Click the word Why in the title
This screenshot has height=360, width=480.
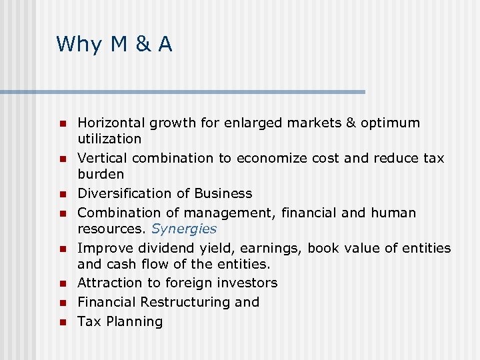coord(79,45)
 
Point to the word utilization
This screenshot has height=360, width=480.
coord(109,139)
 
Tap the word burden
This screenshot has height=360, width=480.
coord(101,174)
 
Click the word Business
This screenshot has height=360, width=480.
coord(223,193)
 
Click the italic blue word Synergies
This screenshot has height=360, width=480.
coord(184,229)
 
